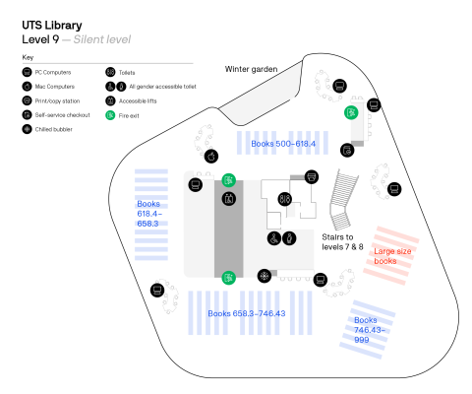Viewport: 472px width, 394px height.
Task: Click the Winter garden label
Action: pos(251,69)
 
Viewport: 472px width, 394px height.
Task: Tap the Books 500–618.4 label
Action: pos(284,144)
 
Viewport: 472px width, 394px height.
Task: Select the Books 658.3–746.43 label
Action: pos(246,313)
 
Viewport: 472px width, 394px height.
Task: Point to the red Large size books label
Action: pos(391,256)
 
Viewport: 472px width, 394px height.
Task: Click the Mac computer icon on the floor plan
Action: pos(210,156)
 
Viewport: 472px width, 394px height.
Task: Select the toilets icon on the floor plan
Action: pos(284,198)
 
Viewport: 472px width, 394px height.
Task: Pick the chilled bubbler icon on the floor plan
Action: pos(264,275)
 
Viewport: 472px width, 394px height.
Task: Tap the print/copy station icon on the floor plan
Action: pos(312,176)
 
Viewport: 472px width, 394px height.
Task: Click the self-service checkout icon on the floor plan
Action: pos(347,150)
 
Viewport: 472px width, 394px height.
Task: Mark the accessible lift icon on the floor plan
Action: pos(272,238)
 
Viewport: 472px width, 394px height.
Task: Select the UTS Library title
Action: pos(54,23)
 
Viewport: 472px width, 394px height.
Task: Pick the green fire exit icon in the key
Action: pos(110,115)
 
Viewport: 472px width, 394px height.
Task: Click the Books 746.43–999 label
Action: pos(366,328)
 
